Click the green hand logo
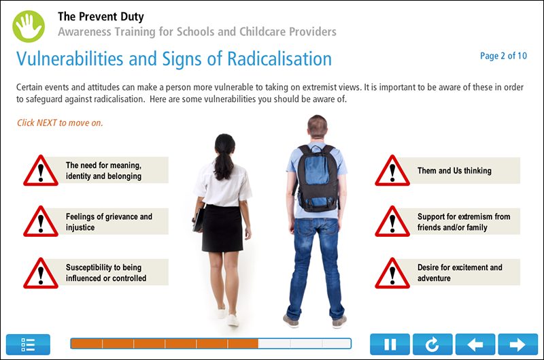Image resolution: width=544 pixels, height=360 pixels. pos(28,25)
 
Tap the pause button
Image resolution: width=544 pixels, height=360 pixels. pos(390,344)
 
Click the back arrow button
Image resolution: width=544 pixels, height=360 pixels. pos(475,344)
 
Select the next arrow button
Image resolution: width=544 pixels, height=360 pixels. pos(517,344)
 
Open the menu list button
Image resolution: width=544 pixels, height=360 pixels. pos(28,344)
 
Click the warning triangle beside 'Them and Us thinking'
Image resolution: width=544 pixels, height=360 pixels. pos(392,171)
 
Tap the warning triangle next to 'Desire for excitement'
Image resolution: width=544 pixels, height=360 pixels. pos(392,273)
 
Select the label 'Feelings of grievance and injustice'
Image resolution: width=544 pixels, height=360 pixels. pos(109,222)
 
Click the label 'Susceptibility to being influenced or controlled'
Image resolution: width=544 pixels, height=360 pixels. pos(106,273)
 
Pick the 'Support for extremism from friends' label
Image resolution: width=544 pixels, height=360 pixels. pos(464,222)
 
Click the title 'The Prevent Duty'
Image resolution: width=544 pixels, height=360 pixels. pos(101,17)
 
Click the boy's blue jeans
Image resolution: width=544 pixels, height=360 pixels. pos(314,265)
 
